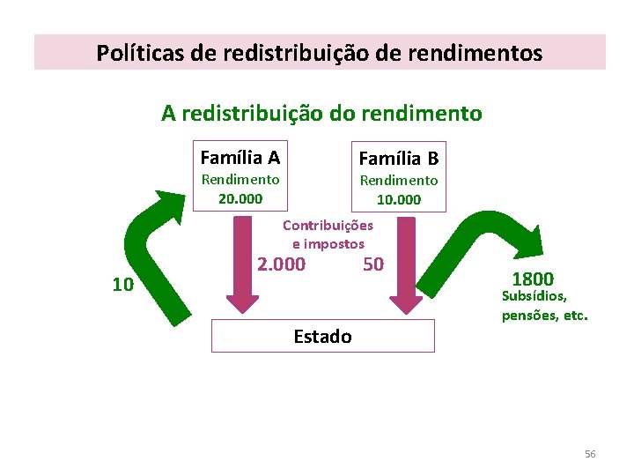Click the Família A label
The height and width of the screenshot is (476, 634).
(x=240, y=158)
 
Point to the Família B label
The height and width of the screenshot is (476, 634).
(x=399, y=159)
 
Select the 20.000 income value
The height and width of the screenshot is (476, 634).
(x=240, y=198)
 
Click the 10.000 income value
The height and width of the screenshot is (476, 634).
(x=399, y=199)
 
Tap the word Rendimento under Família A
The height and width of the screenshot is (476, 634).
(x=240, y=180)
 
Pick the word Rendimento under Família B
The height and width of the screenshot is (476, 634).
(x=399, y=180)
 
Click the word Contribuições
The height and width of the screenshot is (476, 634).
(x=328, y=225)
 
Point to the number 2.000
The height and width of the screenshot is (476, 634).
(x=281, y=264)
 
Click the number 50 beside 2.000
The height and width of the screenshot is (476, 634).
(x=373, y=264)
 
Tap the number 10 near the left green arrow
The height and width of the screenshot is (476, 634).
(x=122, y=285)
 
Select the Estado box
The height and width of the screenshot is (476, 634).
(x=323, y=336)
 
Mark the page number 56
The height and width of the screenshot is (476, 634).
(x=590, y=454)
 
